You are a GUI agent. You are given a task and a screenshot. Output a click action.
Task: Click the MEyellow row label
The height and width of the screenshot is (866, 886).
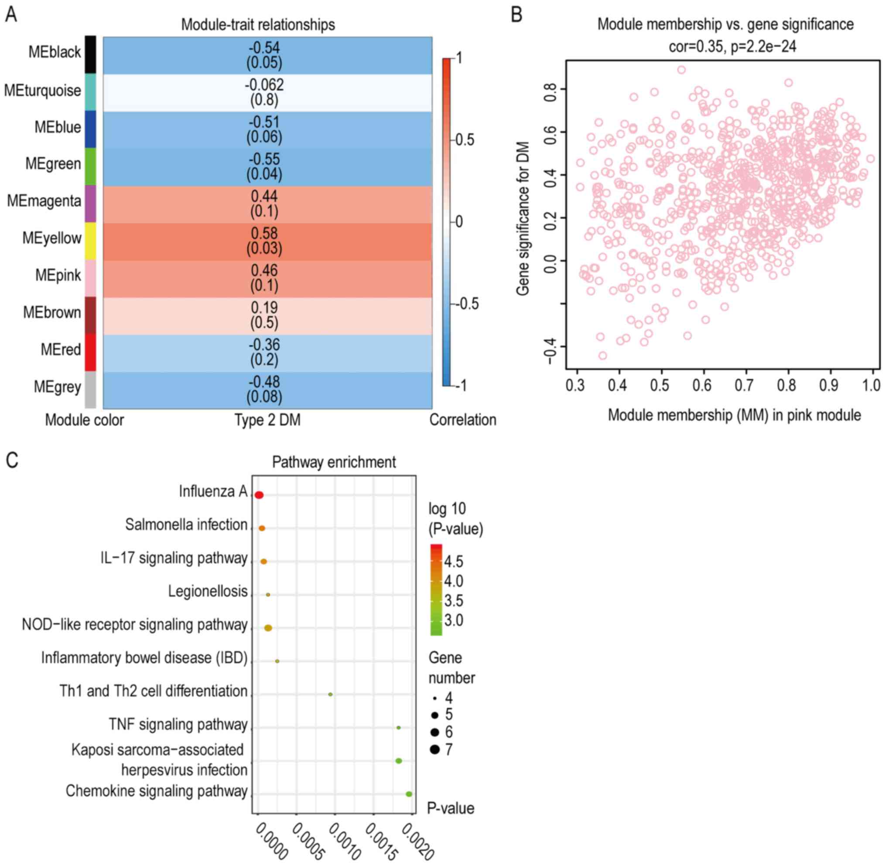pos(52,238)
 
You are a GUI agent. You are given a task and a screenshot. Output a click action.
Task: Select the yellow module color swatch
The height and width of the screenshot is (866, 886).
pos(90,241)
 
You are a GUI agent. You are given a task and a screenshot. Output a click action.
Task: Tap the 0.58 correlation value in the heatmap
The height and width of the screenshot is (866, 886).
pos(264,233)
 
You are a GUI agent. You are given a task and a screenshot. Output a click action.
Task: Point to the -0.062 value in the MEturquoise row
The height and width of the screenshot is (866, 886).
pos(264,85)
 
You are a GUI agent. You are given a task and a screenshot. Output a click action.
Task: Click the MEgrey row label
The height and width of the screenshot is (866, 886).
pos(57,387)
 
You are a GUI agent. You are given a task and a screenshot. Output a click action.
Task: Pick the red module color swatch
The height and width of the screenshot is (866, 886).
pos(90,352)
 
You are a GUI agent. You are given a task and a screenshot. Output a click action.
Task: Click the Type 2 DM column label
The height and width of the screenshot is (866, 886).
pos(267,420)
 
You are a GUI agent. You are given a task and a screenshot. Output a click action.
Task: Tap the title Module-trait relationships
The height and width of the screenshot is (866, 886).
pos(258,24)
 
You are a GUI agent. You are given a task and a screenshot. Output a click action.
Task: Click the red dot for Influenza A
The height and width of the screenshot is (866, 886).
pos(259,495)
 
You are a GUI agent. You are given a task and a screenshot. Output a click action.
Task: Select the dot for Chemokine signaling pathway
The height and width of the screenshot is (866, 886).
pos(409,794)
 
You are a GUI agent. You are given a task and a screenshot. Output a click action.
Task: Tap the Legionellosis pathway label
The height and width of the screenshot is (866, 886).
pos(208,591)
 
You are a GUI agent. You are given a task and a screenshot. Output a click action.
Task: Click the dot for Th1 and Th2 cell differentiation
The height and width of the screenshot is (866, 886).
pos(330,694)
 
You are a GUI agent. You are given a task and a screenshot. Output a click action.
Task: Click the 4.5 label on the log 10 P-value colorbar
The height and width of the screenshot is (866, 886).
pos(453,561)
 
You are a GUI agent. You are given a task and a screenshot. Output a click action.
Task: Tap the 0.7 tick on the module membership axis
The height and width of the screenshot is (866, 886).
pos(744,385)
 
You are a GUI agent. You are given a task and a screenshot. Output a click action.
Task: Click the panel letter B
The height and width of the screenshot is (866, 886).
pos(517,14)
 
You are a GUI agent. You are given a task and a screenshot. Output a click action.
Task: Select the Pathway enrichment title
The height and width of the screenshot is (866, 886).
pos(334,462)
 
